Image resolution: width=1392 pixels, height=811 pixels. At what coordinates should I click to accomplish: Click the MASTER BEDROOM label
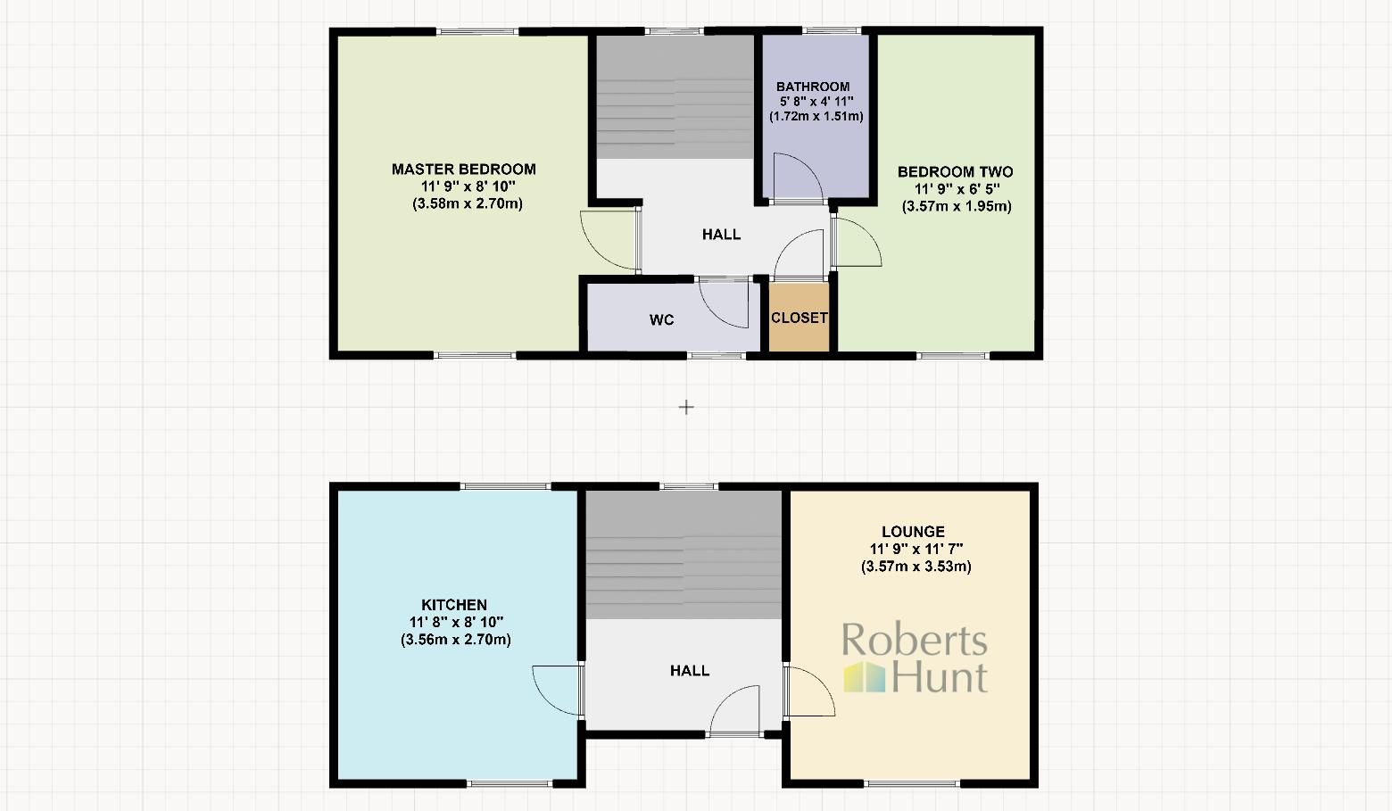point(464,170)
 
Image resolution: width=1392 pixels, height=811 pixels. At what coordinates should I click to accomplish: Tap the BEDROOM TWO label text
point(955,172)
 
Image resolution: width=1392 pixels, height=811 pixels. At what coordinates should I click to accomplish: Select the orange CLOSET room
point(800,318)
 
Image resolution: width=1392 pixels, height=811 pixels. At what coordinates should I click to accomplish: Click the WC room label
point(661,320)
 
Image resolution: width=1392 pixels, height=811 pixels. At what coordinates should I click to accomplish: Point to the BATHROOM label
point(813,87)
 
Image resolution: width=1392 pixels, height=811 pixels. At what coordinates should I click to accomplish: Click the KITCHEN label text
point(454,605)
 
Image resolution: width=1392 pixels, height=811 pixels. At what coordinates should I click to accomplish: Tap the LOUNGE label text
point(913,532)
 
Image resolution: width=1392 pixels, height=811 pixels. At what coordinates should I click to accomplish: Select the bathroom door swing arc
point(797,178)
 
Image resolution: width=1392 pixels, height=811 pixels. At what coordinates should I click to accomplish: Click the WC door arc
point(724,303)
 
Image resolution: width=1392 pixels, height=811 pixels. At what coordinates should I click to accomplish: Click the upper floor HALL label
point(721,235)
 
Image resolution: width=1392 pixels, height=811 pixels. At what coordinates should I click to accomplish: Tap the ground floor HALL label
point(690,671)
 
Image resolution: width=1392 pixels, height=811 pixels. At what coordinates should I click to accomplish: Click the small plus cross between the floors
point(686,407)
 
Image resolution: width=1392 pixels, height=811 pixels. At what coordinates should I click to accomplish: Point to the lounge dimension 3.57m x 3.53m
point(916,567)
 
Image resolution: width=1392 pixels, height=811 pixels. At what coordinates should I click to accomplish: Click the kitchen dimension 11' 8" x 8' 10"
point(456,622)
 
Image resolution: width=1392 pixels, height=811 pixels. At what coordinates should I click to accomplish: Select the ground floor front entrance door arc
point(734,709)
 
